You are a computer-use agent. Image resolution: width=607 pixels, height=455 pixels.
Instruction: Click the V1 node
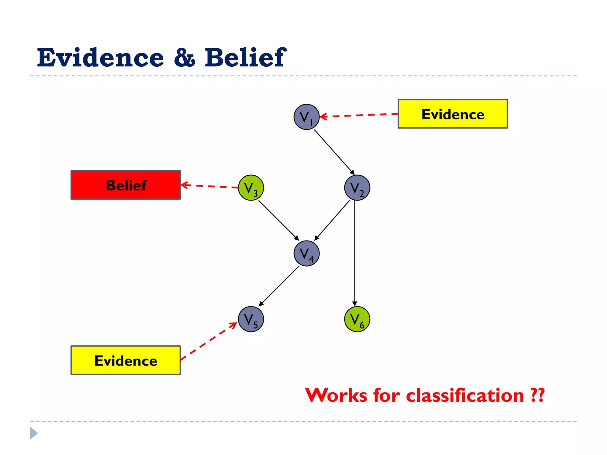pyautogui.click(x=306, y=117)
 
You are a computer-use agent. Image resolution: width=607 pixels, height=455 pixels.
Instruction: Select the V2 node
pyautogui.click(x=357, y=188)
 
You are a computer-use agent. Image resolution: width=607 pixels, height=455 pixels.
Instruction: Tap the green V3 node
pyautogui.click(x=251, y=188)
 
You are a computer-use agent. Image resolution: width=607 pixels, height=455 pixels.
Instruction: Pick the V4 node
pyautogui.click(x=306, y=254)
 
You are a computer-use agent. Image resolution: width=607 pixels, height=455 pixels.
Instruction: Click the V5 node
pyautogui.click(x=251, y=319)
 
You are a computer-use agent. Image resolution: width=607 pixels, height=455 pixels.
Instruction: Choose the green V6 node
pyautogui.click(x=357, y=319)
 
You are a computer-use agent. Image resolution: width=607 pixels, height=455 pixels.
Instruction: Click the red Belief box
pyautogui.click(x=126, y=185)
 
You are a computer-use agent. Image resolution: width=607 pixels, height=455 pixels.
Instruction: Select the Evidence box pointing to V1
pyautogui.click(x=453, y=114)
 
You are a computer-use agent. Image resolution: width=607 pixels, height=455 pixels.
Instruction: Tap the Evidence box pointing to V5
pyautogui.click(x=126, y=360)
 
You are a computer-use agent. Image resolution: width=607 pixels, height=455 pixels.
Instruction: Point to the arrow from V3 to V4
pyautogui.click(x=278, y=220)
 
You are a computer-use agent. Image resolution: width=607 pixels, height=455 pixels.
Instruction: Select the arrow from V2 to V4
pyautogui.click(x=332, y=220)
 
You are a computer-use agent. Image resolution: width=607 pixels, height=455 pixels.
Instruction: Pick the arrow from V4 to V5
pyautogui.click(x=279, y=286)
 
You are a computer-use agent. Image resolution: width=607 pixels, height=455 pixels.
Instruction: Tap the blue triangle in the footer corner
pyautogui.click(x=34, y=433)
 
